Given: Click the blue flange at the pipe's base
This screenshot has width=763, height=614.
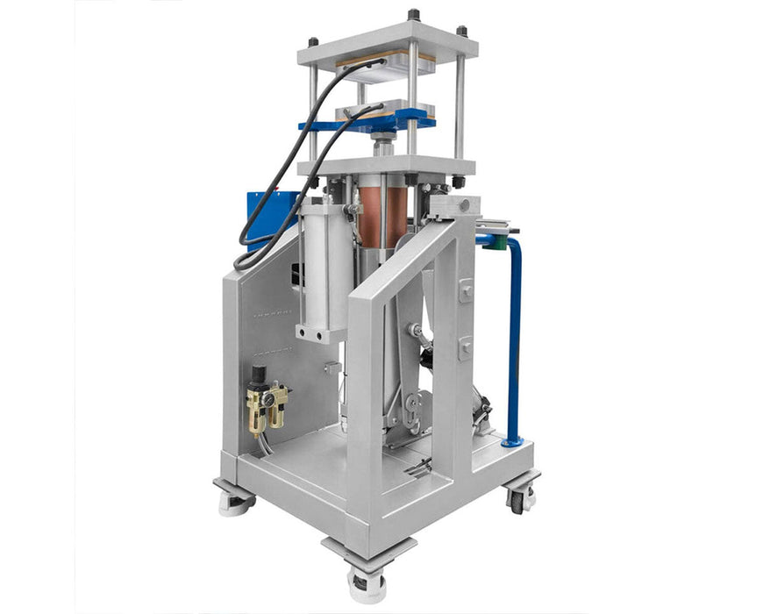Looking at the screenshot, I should [x=512, y=441].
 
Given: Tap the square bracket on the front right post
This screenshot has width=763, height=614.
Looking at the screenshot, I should [x=465, y=290].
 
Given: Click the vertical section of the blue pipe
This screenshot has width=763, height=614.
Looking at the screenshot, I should [x=514, y=342].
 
